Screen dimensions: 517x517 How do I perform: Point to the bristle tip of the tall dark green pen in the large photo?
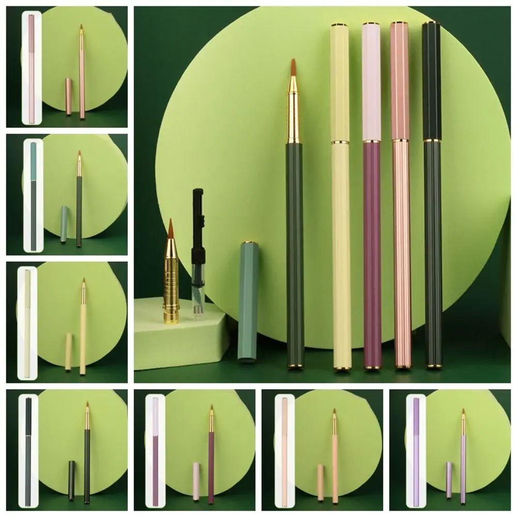click(293, 67)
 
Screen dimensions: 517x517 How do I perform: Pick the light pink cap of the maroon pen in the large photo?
click(371, 83)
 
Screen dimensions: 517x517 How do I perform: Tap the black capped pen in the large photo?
click(432, 196)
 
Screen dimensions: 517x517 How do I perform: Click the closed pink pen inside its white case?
click(31, 67)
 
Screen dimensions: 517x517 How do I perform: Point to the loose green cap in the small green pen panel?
click(64, 224)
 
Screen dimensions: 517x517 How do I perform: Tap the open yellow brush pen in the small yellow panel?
click(83, 331)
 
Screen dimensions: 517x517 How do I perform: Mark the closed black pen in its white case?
click(28, 450)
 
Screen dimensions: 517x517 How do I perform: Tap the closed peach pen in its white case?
click(284, 450)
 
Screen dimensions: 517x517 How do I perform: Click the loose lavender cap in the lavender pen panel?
click(449, 480)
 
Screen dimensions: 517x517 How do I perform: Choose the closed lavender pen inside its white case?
click(416, 450)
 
